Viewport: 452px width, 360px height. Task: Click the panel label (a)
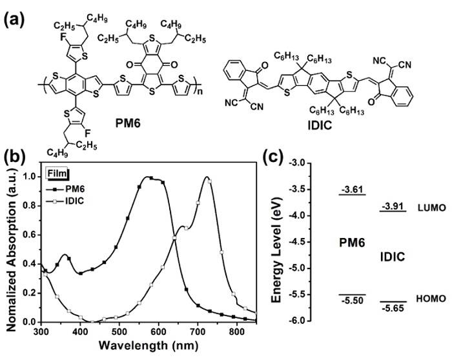pyautogui.click(x=14, y=20)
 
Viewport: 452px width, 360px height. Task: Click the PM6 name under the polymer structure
pyautogui.click(x=128, y=124)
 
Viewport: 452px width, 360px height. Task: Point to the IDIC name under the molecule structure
pyautogui.click(x=320, y=125)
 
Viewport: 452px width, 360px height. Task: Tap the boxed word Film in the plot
pyautogui.click(x=57, y=174)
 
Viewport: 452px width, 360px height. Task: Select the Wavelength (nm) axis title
pyautogui.click(x=148, y=345)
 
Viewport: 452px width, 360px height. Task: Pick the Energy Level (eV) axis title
pyautogui.click(x=276, y=250)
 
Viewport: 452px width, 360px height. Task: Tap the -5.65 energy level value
pyautogui.click(x=393, y=308)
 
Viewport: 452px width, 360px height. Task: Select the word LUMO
pyautogui.click(x=431, y=208)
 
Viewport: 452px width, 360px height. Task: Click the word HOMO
pyautogui.click(x=431, y=299)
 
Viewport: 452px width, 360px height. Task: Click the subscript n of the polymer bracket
pyautogui.click(x=199, y=92)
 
